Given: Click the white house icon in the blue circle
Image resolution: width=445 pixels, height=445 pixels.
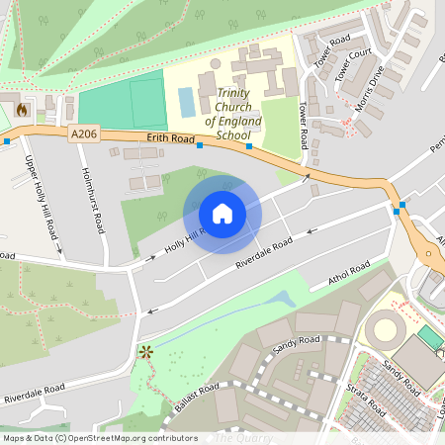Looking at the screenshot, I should click(222, 214).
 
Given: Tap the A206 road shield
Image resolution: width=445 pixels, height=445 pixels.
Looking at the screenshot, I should click(85, 132).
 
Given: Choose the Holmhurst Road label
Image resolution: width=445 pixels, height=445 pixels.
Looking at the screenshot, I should click(93, 201).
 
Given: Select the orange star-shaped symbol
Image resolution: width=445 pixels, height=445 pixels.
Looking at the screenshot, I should click(146, 351).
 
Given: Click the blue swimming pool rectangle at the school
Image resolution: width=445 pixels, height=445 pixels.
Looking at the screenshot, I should click(186, 100).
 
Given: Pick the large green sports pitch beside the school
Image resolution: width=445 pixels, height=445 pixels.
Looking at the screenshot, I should click(123, 100).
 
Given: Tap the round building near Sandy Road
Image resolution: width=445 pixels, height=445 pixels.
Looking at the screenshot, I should click(385, 330).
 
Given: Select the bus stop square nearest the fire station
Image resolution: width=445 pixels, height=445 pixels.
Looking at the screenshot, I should click(6, 140).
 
